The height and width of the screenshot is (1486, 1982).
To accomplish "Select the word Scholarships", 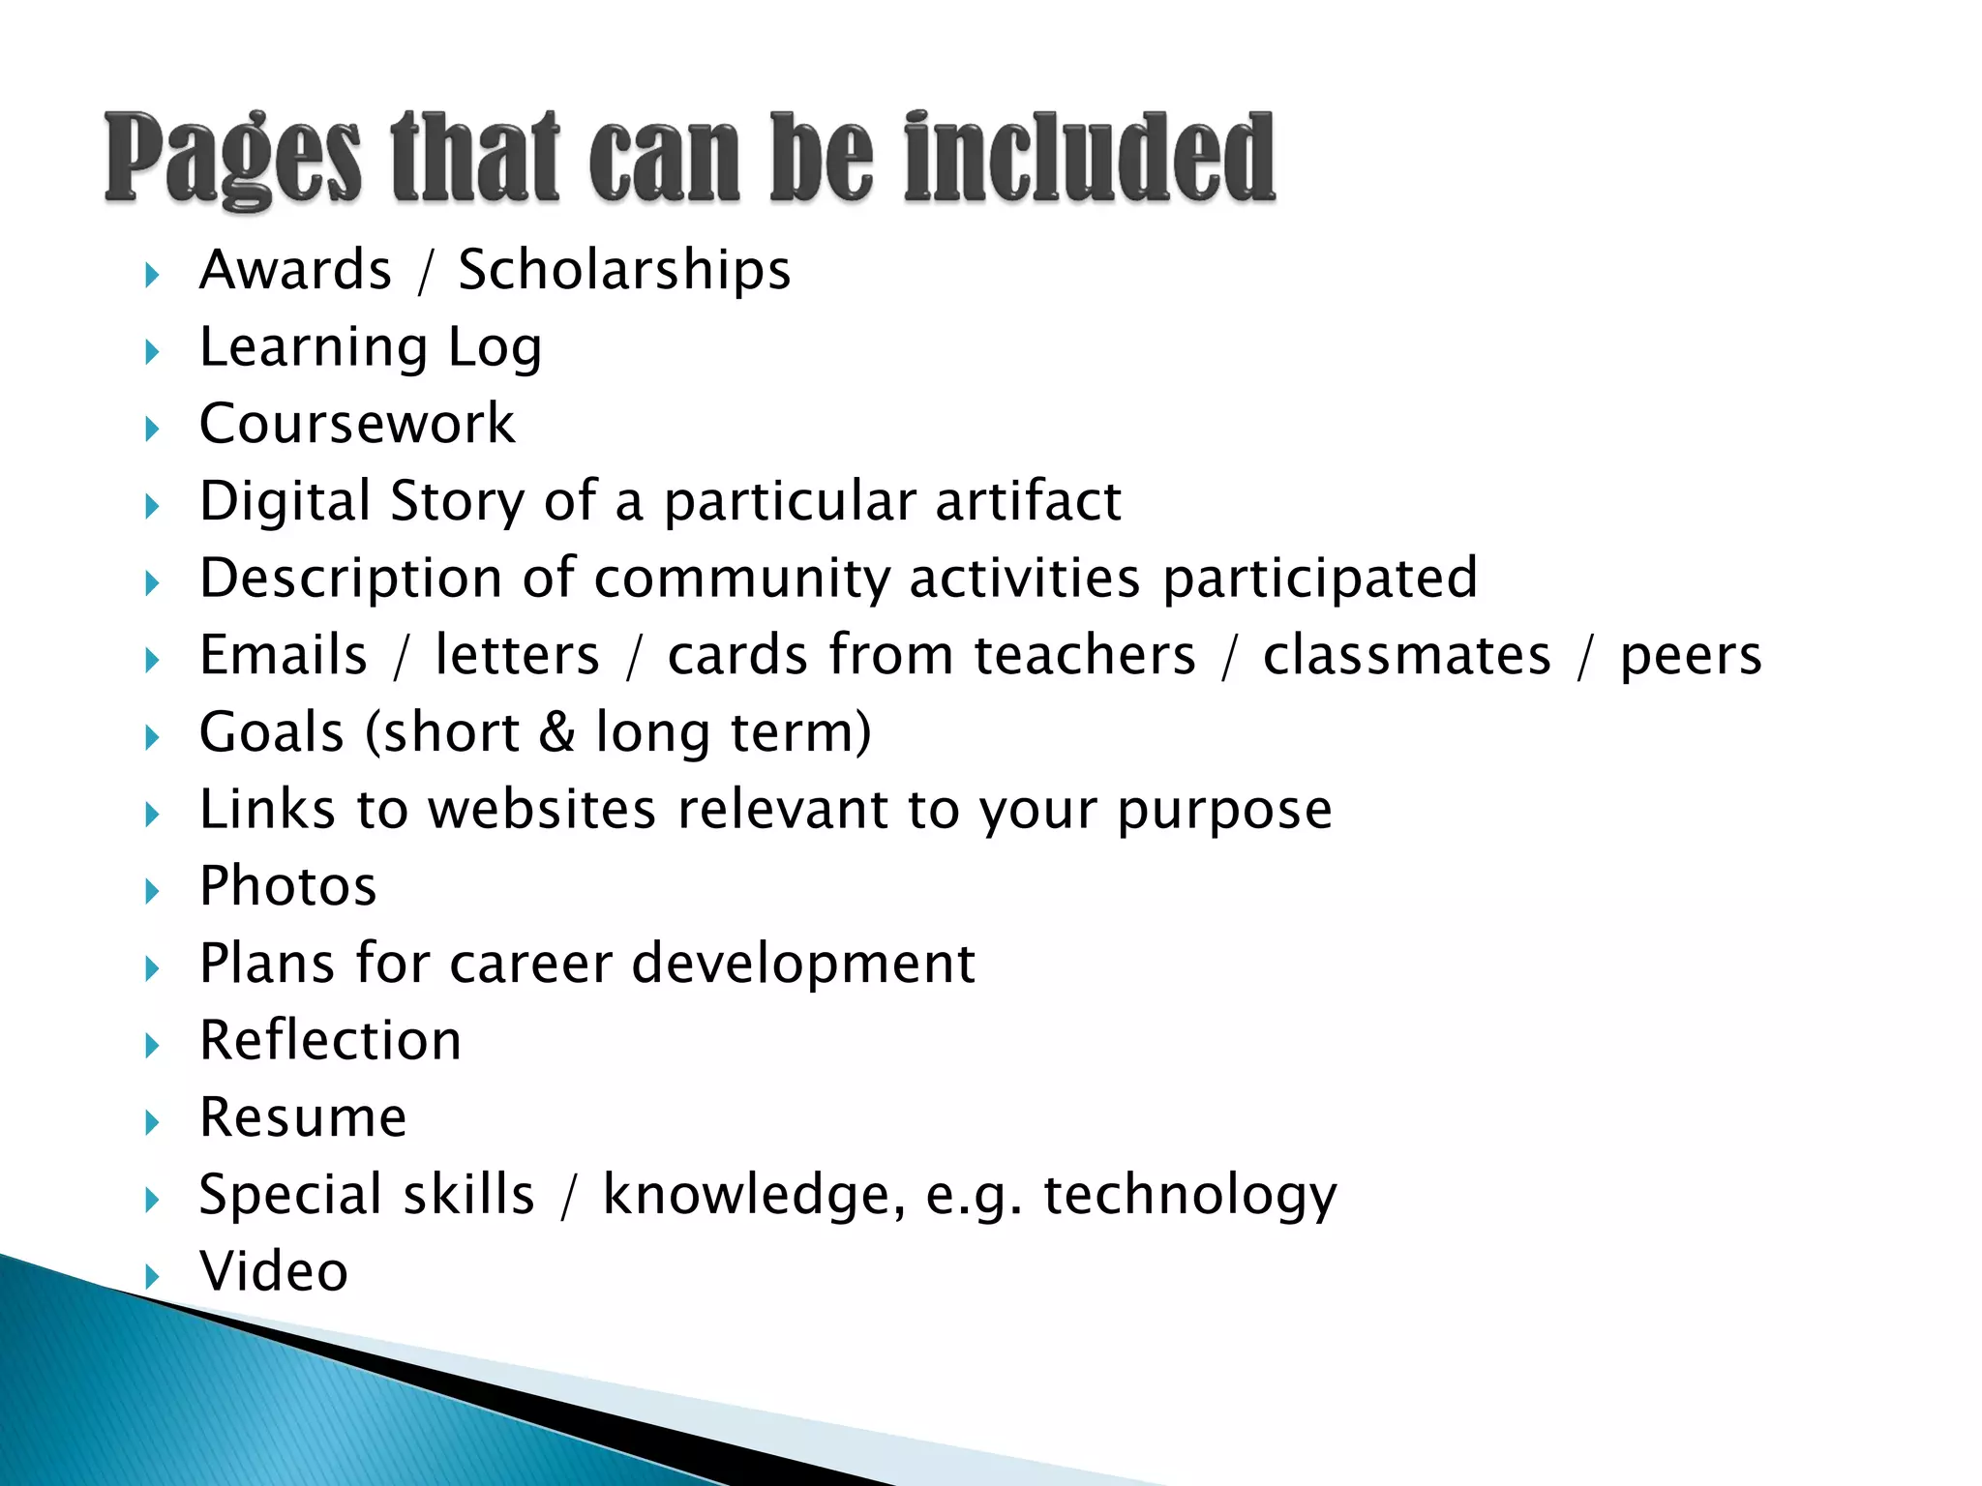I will pos(624,270).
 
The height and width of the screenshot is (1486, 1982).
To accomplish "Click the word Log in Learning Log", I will pos(495,348).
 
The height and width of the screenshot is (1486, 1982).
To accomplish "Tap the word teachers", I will pos(1085,655).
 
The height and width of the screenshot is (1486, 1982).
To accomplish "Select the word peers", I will pos(1691,657).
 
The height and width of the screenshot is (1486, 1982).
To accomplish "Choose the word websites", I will pos(542,809).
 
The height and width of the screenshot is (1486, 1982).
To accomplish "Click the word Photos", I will pos(287,886).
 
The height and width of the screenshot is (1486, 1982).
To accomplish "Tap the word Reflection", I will pos(330,1040).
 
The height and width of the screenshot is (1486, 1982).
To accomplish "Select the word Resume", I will pos(303,1117).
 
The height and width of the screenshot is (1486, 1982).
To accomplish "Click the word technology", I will pos(1189,1195).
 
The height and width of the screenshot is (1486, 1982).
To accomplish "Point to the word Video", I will pos(274,1271).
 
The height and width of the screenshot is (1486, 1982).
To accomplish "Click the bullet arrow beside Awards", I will pos(152,276).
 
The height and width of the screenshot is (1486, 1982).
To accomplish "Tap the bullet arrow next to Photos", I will pos(152,891).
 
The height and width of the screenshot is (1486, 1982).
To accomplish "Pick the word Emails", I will pos(284,655).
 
